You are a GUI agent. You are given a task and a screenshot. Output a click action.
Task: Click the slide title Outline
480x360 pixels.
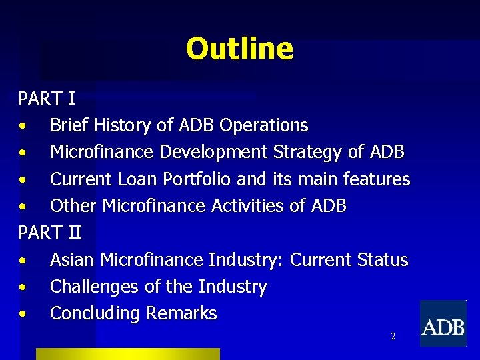tap(239, 49)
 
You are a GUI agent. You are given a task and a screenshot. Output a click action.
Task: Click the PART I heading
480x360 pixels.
tap(47, 99)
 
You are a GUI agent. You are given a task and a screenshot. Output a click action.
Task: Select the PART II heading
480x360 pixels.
tap(50, 233)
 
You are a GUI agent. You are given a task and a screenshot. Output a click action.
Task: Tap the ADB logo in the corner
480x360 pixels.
tap(443, 324)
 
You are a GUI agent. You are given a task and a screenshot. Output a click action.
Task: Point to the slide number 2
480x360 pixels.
tap(393, 337)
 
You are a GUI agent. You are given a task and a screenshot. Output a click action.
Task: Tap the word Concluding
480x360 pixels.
tap(95, 313)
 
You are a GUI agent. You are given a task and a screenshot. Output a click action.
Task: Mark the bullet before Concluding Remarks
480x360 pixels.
tap(23, 314)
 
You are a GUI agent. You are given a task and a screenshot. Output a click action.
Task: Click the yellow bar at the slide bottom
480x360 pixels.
tap(127, 354)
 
